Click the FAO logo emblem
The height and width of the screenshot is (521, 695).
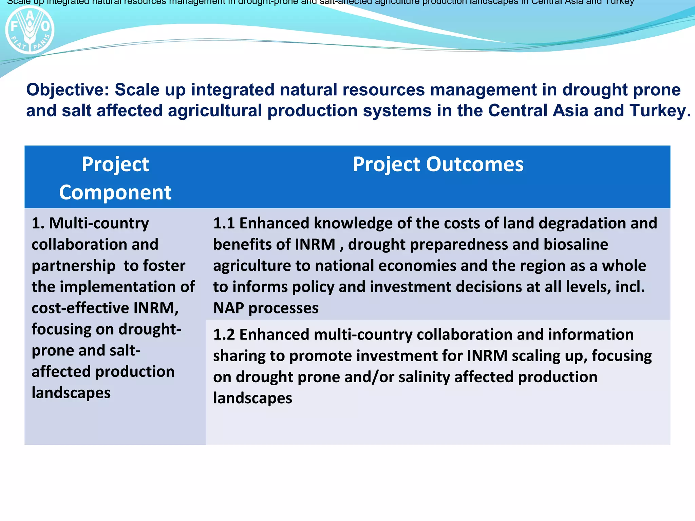point(30,30)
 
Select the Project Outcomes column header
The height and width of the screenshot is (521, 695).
point(438,165)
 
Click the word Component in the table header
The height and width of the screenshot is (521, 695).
point(115,193)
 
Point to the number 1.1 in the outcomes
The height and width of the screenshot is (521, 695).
point(224,223)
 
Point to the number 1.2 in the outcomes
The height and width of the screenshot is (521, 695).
point(224,334)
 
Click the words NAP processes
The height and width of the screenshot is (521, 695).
point(266,308)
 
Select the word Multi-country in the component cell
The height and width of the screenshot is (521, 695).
point(99,223)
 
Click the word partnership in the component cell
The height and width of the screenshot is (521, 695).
point(73,266)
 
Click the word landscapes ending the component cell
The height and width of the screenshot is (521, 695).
point(71,393)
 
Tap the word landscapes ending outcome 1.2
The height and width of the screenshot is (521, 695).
point(252,398)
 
